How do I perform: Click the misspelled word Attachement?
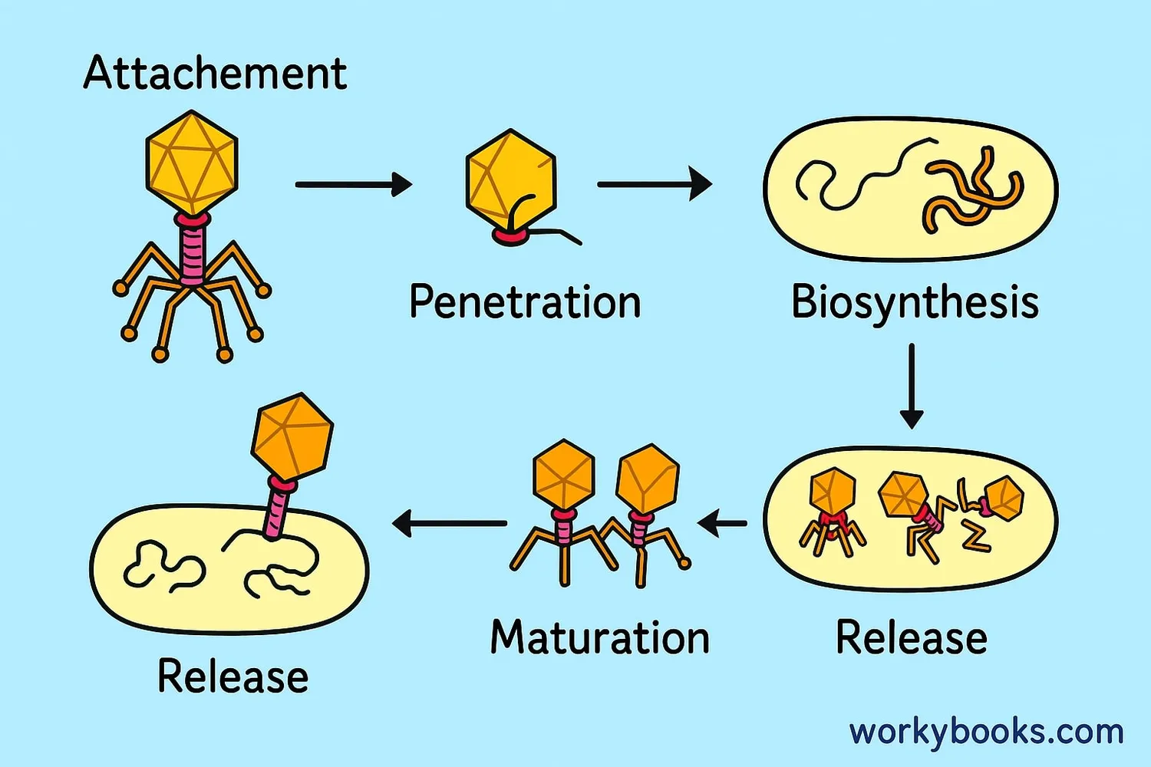pos(215,74)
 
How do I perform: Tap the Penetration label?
pos(525,301)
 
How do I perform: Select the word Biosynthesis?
pos(915,301)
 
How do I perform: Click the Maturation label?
pos(600,637)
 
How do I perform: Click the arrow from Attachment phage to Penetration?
pos(353,184)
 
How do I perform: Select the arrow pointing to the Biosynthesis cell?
pos(654,184)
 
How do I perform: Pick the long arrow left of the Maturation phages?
pos(450,523)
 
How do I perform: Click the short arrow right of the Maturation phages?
pos(722,524)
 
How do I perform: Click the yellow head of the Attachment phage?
pos(192,163)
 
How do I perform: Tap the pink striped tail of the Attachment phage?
pos(192,249)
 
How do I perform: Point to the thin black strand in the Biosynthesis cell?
pos(859,176)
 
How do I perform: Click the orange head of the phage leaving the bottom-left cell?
pos(292,436)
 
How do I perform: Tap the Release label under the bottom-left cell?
pos(233,676)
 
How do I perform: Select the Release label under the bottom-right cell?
pos(911,637)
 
